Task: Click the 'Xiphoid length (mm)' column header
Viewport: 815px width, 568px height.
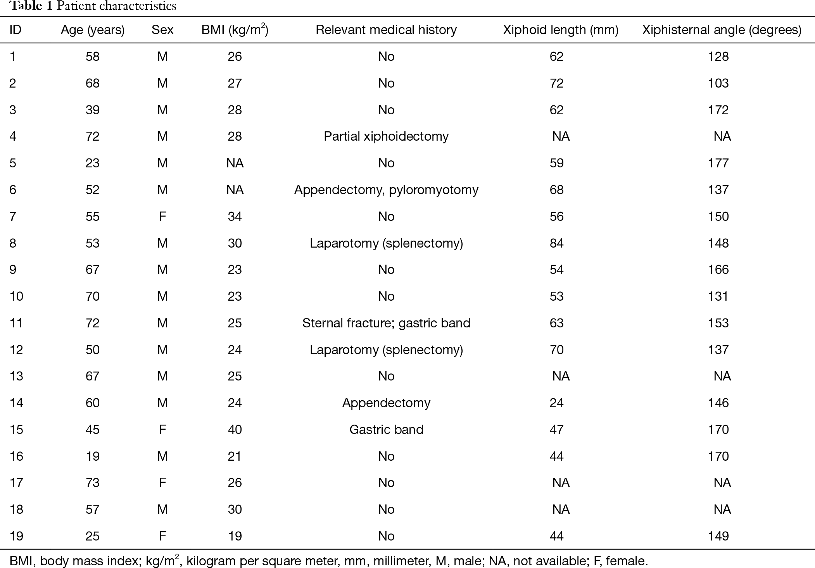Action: (561, 30)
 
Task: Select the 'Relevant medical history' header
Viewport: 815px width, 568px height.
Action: (386, 30)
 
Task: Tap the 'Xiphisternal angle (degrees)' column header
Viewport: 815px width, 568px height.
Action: (722, 30)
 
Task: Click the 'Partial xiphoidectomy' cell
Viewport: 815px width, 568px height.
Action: (386, 136)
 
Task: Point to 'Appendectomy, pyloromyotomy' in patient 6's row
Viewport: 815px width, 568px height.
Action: (386, 190)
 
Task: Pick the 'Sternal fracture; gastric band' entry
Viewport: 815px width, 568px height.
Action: (386, 323)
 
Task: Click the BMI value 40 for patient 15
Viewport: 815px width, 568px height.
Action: (235, 430)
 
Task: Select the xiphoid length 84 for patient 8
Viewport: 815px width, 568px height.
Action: (556, 243)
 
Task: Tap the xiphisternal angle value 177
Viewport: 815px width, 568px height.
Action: (718, 163)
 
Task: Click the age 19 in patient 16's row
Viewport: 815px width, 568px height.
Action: (93, 456)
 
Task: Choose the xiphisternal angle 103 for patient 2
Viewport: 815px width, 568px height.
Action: (718, 83)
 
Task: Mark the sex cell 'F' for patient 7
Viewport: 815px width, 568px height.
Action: (162, 217)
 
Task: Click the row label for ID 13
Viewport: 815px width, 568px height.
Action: (16, 376)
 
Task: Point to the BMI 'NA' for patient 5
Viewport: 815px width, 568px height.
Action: (235, 163)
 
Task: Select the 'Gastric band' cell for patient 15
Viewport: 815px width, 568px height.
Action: (386, 430)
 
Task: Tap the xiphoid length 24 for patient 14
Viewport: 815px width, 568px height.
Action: (556, 403)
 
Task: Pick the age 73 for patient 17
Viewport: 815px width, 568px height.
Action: (93, 483)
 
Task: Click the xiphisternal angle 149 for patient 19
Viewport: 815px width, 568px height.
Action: (718, 536)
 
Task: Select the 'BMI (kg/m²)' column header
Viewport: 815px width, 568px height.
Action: (235, 30)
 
